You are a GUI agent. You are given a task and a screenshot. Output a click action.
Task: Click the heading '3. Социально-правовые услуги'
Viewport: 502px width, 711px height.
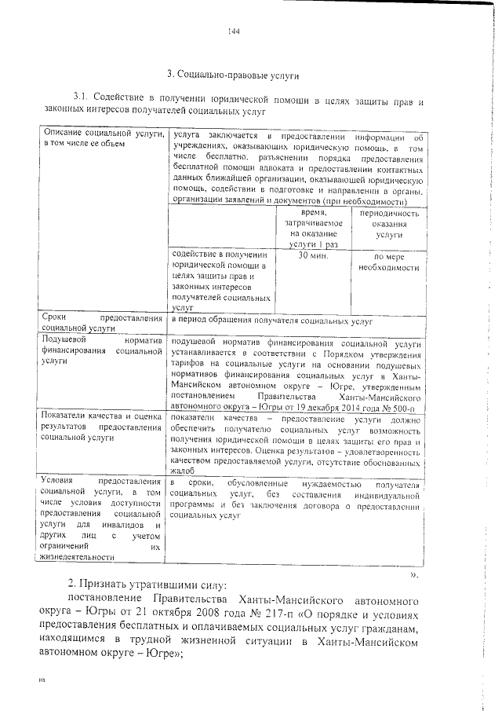coord(234,75)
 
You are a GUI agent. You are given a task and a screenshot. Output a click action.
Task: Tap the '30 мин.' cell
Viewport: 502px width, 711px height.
coord(313,256)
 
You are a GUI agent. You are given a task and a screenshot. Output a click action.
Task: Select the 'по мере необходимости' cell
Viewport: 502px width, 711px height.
coord(383,262)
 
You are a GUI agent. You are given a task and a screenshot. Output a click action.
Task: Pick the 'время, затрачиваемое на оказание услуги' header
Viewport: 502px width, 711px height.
coord(313,229)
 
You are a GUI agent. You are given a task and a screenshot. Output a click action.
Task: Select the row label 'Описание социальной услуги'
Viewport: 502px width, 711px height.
coord(102,139)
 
